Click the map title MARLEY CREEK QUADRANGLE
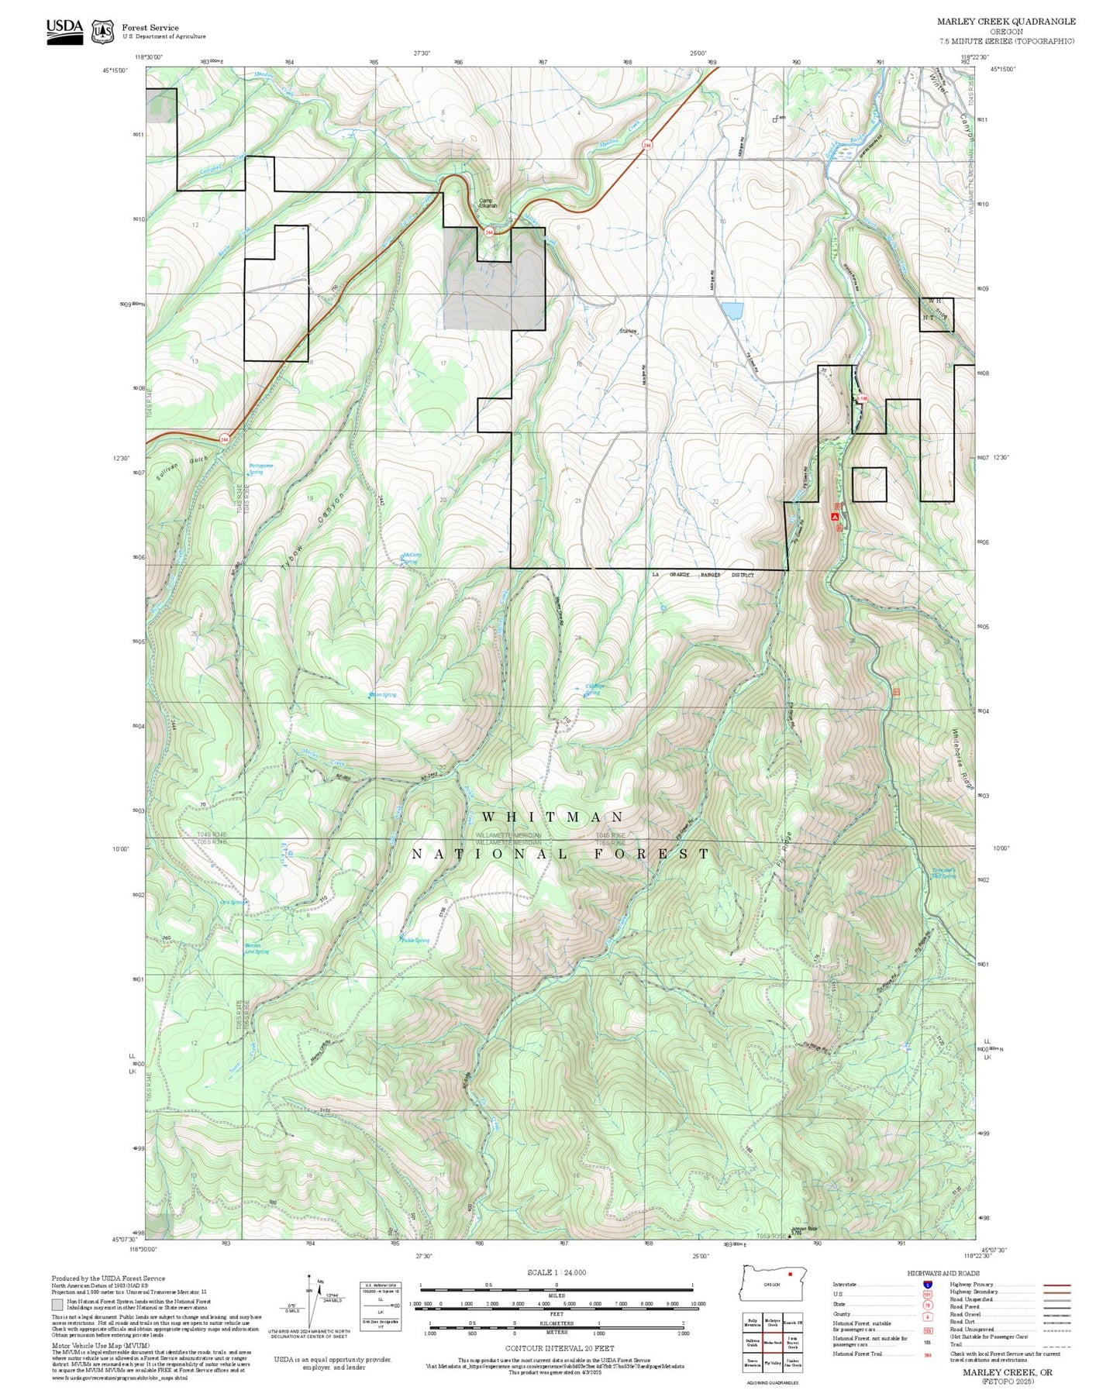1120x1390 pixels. (1006, 22)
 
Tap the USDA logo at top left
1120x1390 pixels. (64, 30)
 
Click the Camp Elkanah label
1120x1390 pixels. (488, 204)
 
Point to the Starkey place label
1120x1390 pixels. (628, 331)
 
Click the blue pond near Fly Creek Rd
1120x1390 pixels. (732, 311)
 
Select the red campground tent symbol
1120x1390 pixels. (835, 515)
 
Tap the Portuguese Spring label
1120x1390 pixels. (260, 468)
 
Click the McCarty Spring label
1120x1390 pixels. (412, 557)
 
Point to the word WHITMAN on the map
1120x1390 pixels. (553, 817)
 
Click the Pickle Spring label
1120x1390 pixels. (415, 941)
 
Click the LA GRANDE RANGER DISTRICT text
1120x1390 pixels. (702, 575)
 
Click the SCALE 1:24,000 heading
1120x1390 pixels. (557, 1272)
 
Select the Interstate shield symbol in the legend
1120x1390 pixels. (927, 1285)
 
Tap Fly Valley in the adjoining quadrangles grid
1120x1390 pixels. (772, 1362)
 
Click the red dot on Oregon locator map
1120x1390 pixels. (789, 1274)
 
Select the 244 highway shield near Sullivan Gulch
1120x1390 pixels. (225, 439)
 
